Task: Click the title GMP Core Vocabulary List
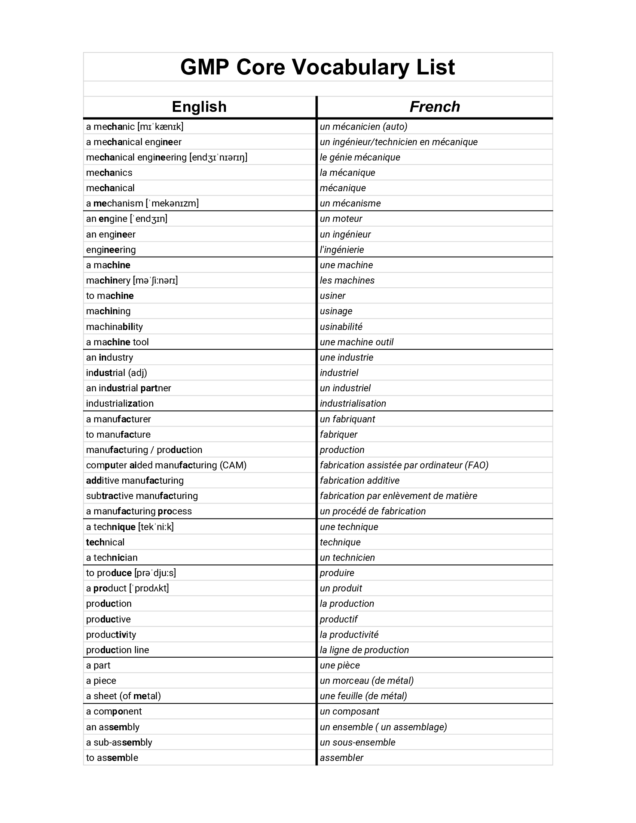tap(317, 67)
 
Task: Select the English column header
tap(199, 107)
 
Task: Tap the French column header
tap(434, 107)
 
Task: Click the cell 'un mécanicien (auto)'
tap(363, 126)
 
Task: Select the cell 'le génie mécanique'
tap(360, 157)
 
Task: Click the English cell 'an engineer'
tap(110, 235)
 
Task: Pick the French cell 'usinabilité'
tap(340, 327)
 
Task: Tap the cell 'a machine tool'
tap(117, 342)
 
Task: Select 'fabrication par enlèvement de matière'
tap(398, 496)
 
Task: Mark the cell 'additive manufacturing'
tap(135, 480)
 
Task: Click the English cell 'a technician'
tap(111, 558)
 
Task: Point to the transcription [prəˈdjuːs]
tap(155, 573)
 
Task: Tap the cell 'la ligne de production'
tap(364, 650)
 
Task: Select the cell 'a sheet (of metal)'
tap(123, 696)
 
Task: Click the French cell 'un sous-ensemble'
tap(357, 742)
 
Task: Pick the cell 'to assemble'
tap(112, 758)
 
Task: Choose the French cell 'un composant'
tap(349, 712)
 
